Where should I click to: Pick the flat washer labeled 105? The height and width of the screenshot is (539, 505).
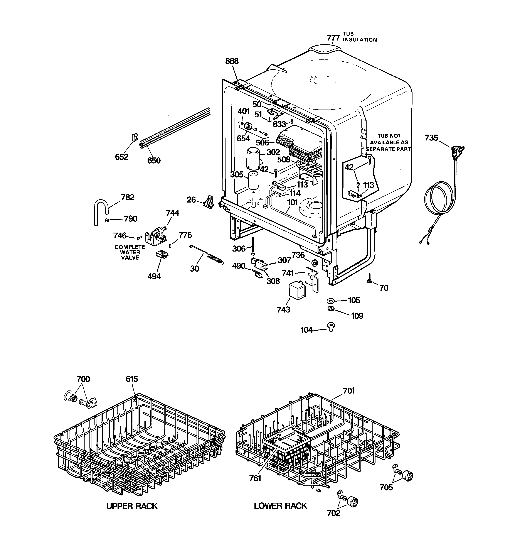(x=331, y=301)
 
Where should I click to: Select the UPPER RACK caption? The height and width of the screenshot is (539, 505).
(x=132, y=506)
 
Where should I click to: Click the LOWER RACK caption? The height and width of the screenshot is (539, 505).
(x=280, y=506)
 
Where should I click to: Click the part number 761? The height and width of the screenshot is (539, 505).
(x=255, y=478)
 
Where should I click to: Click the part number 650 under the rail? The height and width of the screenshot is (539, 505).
(x=154, y=161)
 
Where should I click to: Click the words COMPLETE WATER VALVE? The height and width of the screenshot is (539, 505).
(x=130, y=252)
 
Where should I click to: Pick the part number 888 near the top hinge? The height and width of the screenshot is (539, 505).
(x=232, y=61)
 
